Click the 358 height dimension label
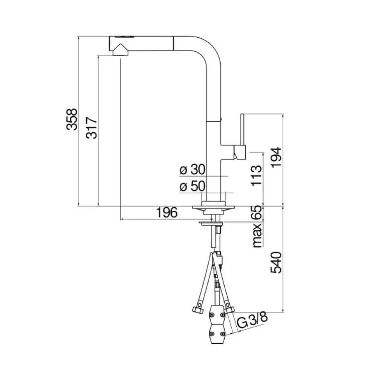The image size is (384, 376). click(72, 119)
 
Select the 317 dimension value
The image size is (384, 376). click(91, 128)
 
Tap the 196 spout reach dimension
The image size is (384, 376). click(167, 212)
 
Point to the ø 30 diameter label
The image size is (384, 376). click(192, 170)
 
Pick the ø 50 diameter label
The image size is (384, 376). click(192, 187)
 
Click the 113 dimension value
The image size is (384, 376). click(257, 176)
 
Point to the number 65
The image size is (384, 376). click(257, 213)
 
